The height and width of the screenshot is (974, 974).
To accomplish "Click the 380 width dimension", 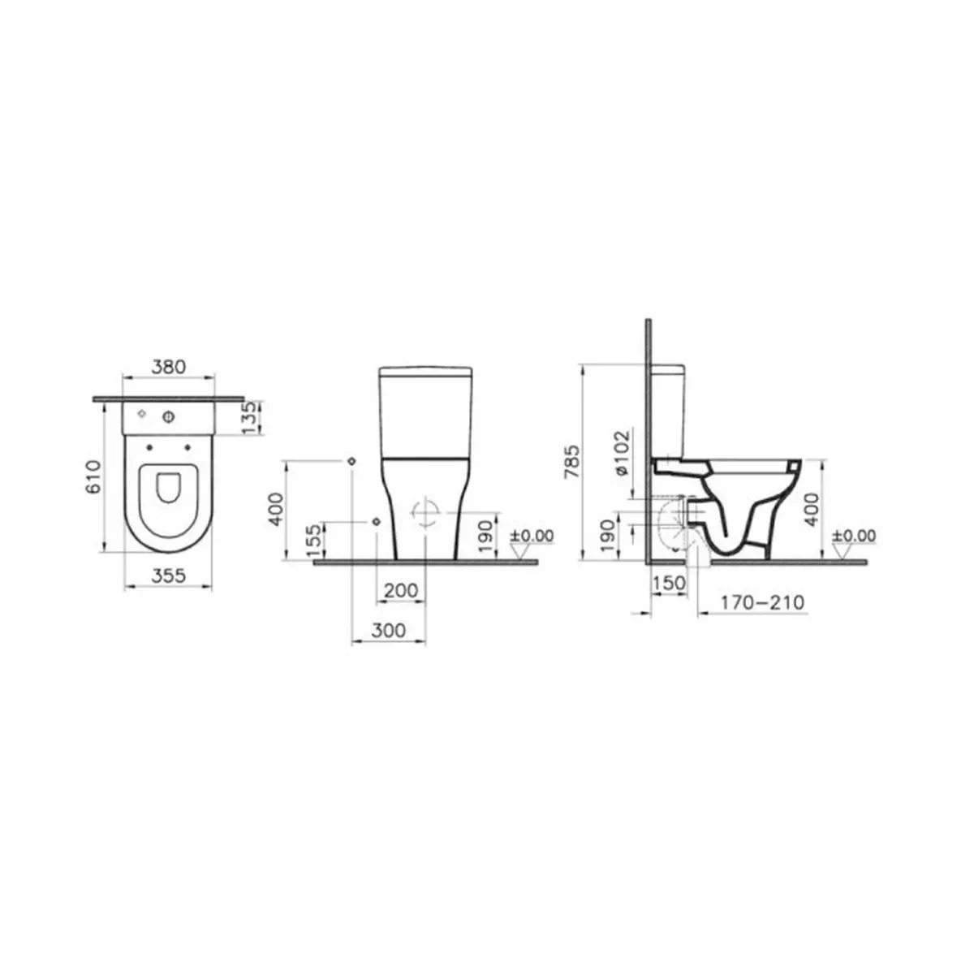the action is [169, 366].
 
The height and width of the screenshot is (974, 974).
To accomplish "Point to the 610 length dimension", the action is [95, 476].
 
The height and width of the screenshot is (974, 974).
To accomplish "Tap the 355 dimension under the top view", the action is [169, 575].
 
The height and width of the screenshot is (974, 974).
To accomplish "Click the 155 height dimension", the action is [313, 542].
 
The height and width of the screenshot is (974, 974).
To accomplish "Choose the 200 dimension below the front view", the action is [401, 590].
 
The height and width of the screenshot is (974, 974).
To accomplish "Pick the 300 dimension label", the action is [388, 631].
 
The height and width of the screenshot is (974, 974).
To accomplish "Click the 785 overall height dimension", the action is [572, 461].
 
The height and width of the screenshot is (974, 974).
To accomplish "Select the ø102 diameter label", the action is [623, 452].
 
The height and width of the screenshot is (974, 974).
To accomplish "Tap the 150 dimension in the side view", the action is [669, 583].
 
